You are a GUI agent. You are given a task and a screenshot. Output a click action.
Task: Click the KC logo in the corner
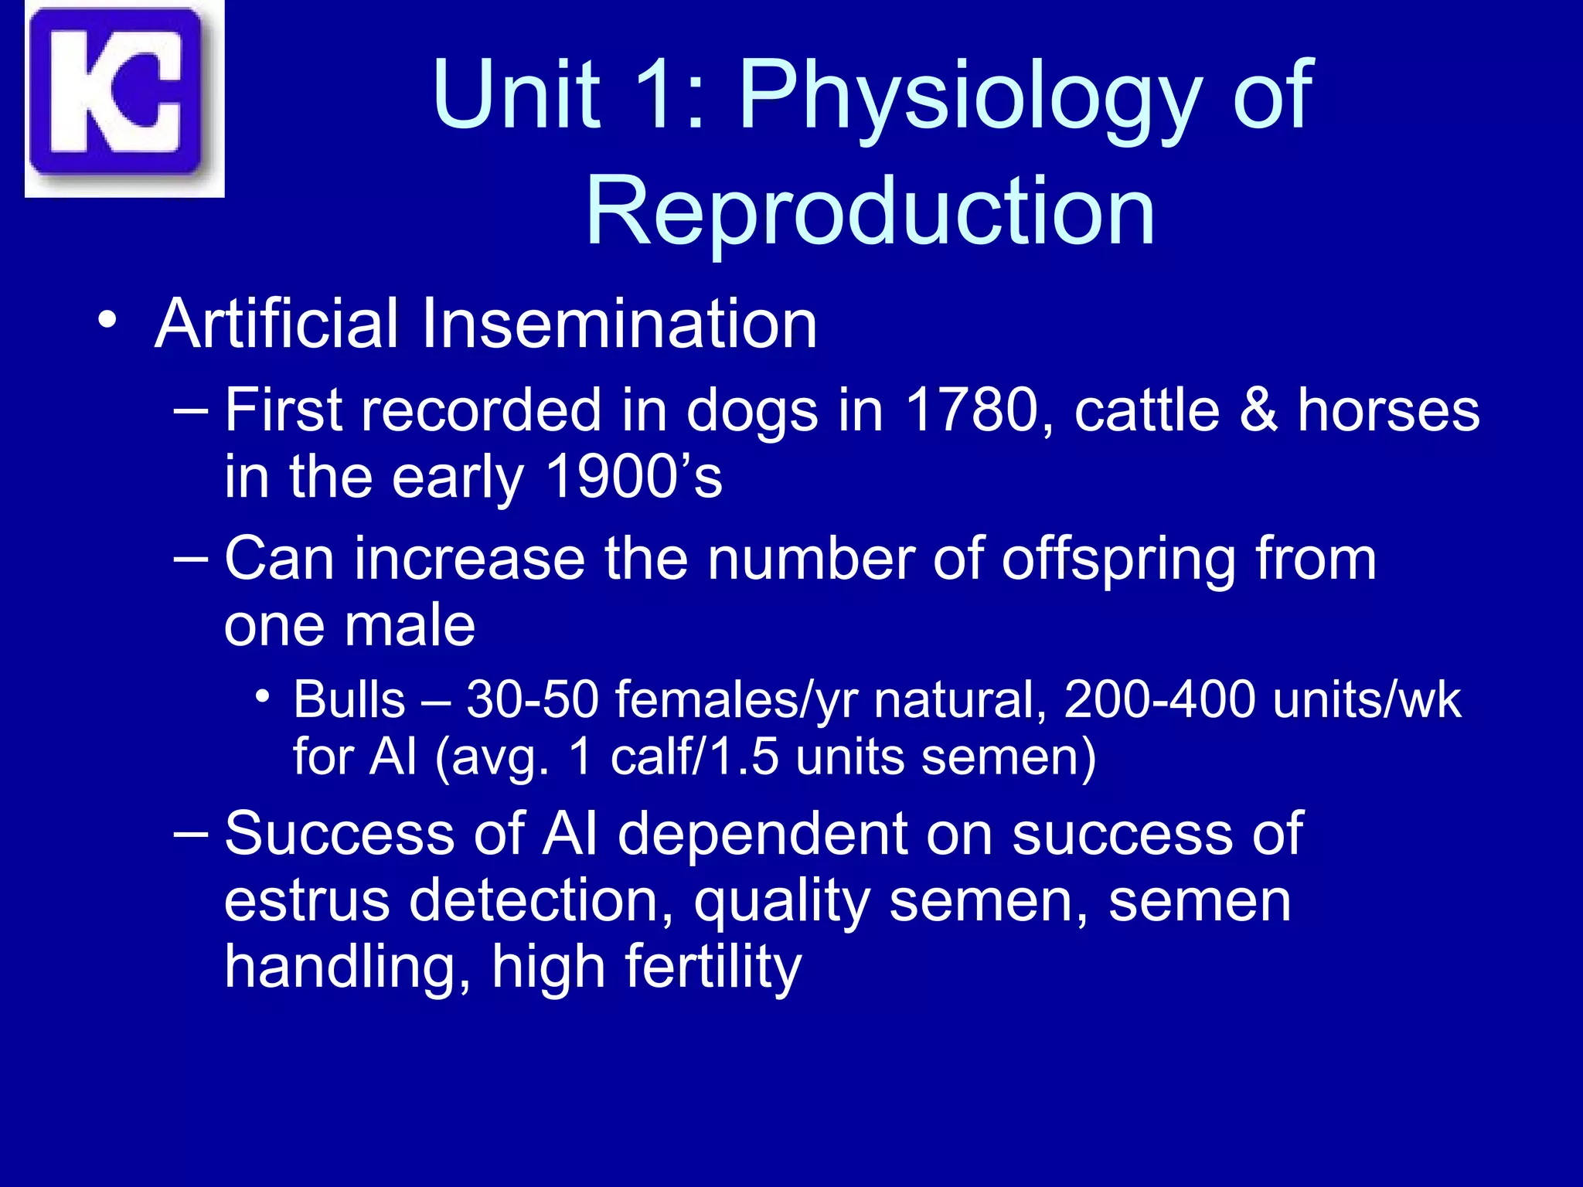[x=124, y=98]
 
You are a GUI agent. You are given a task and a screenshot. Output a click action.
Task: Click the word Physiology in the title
[x=971, y=97]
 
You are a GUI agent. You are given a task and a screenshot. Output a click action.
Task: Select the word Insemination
[x=618, y=324]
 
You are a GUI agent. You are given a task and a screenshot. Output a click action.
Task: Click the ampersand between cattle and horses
[x=1258, y=410]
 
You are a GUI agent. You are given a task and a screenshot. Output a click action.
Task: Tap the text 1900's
[x=634, y=477]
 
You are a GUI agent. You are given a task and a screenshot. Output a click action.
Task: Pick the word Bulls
[x=349, y=700]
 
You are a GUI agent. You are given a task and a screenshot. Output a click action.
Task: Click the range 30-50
[x=533, y=700]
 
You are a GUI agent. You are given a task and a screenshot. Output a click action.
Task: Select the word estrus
[x=307, y=901]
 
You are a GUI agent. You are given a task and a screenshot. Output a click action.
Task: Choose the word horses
[x=1388, y=410]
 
